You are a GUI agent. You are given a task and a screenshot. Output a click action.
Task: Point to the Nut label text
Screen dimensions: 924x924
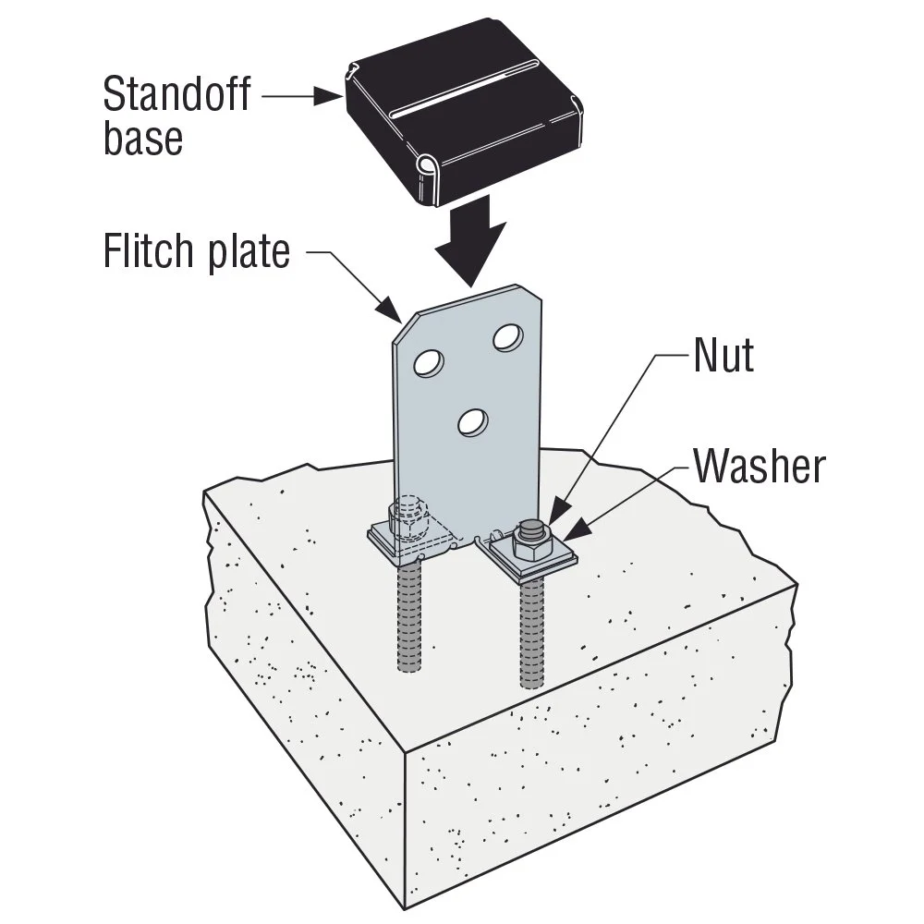(x=723, y=355)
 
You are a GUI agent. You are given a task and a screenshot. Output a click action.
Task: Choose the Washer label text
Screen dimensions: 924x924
(x=758, y=467)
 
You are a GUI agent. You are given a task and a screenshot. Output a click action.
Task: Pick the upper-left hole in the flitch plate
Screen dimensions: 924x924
(x=428, y=363)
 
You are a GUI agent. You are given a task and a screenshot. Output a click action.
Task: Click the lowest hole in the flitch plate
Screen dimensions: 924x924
(x=472, y=422)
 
